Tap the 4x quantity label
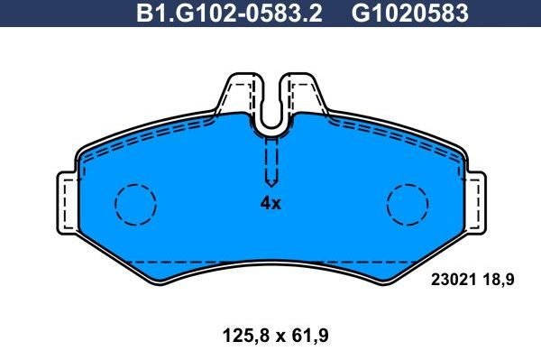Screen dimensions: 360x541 270,203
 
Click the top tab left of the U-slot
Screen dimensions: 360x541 237,93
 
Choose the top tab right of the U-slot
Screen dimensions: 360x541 304,93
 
